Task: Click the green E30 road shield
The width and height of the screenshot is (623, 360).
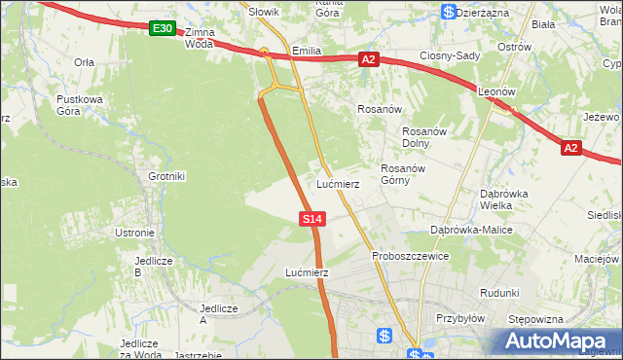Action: tap(163, 30)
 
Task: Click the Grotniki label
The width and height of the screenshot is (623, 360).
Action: tap(165, 176)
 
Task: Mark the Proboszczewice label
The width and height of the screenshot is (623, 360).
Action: tap(410, 256)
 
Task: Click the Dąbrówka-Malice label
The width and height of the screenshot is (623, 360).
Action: tap(471, 230)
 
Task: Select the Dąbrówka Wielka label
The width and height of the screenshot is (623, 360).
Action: tap(503, 198)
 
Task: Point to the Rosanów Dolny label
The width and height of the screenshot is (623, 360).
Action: tap(423, 137)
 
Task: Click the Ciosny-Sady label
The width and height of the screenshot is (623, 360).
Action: tap(450, 55)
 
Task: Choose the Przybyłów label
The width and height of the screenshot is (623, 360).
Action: tap(460, 317)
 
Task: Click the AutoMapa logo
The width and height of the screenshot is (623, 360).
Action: tap(558, 341)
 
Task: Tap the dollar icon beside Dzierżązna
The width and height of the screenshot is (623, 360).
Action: tap(448, 12)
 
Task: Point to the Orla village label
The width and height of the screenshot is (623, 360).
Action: tap(84, 61)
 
